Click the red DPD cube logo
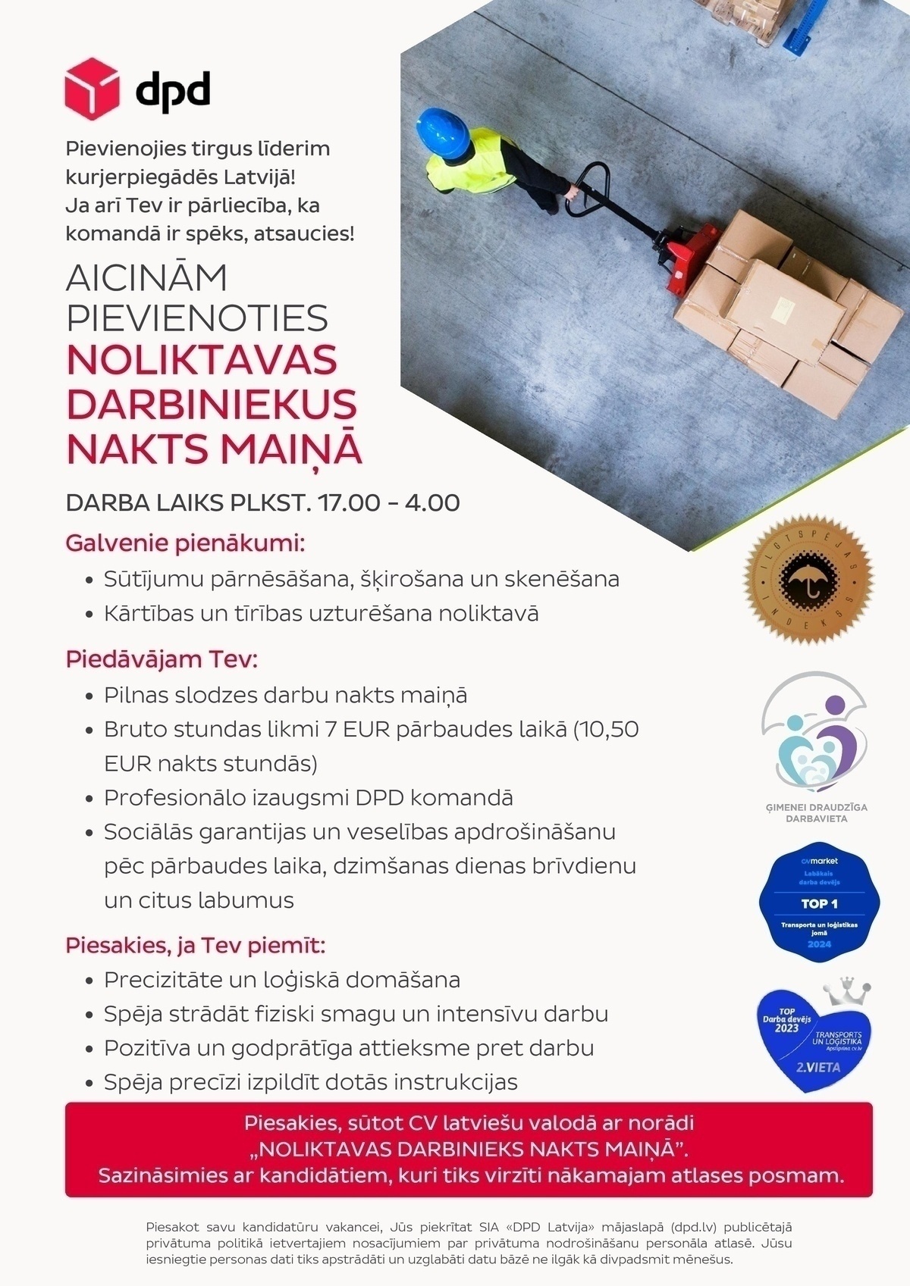pyautogui.click(x=92, y=89)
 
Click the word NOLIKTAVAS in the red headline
pyautogui.click(x=202, y=360)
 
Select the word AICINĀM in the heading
pyautogui.click(x=146, y=278)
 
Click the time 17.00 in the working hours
pyautogui.click(x=349, y=502)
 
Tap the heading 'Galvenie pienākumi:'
pyautogui.click(x=185, y=543)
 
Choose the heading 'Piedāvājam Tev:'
pyautogui.click(x=162, y=659)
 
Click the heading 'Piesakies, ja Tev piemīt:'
pyautogui.click(x=195, y=946)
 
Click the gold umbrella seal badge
pyautogui.click(x=808, y=580)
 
